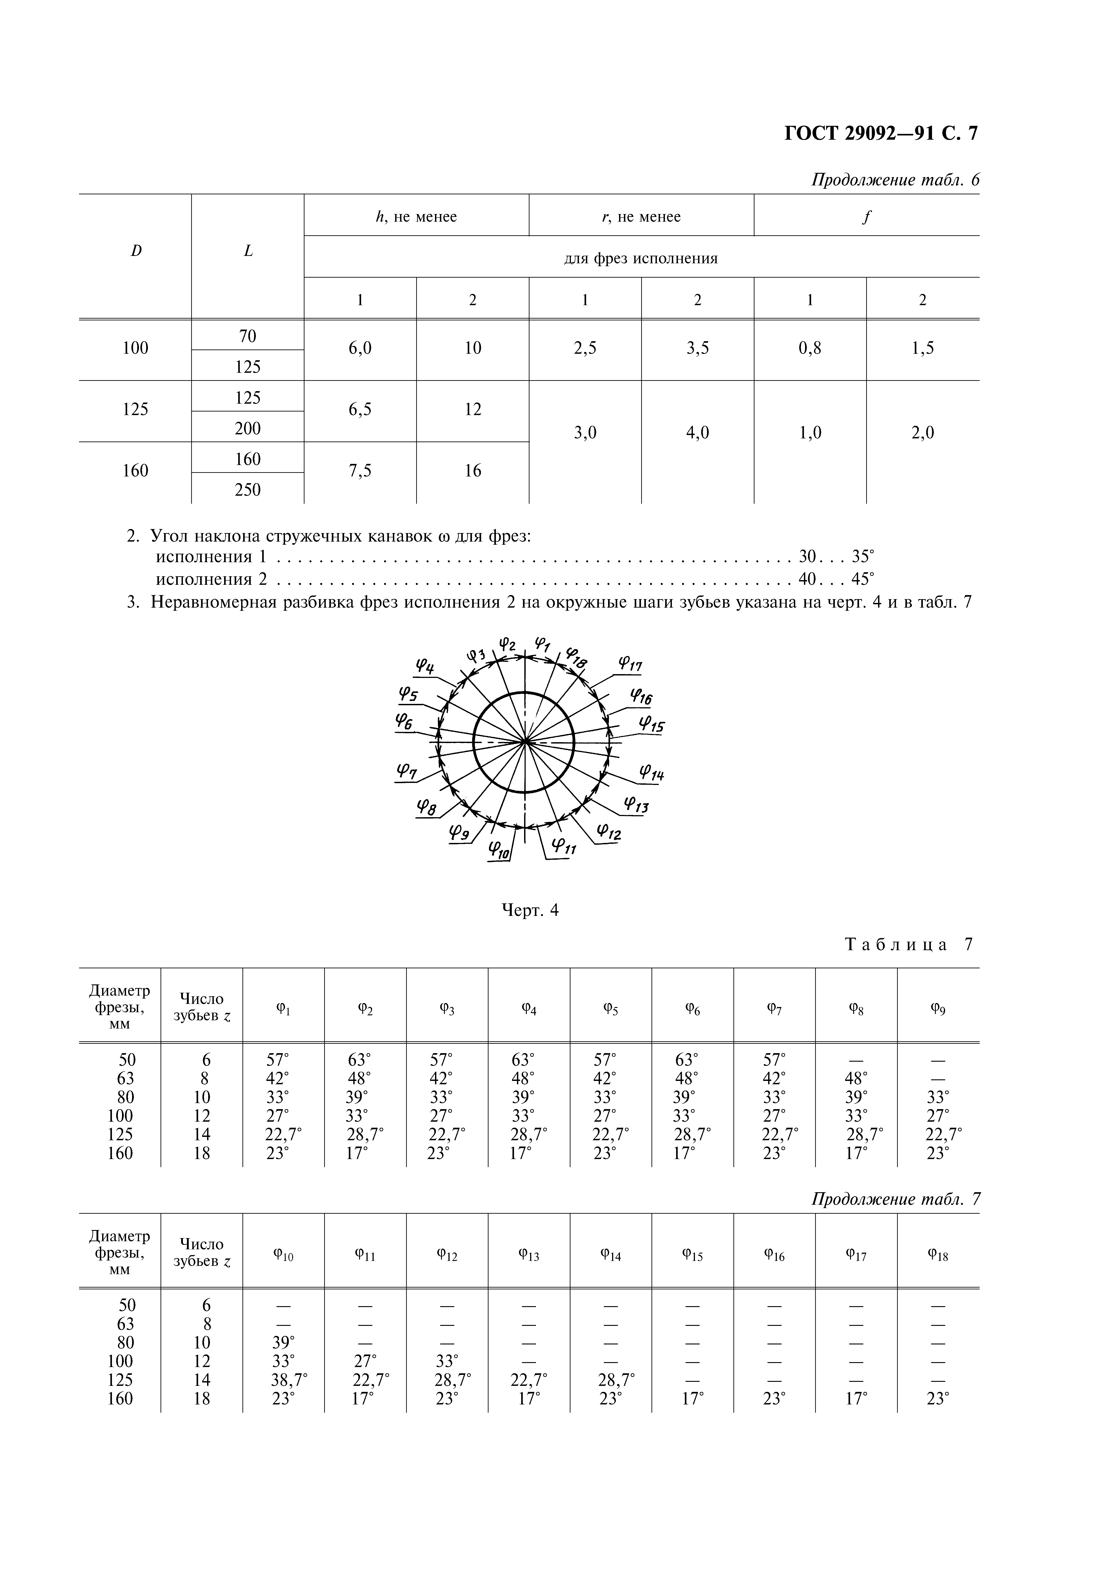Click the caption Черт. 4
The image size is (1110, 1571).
[x=530, y=910]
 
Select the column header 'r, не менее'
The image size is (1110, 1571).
[x=641, y=217]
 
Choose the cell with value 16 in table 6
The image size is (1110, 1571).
[x=473, y=471]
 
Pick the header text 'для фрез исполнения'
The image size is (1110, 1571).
[x=641, y=259]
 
